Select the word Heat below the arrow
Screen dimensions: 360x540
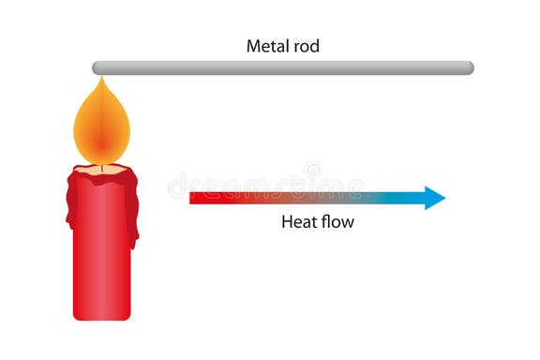click(x=298, y=223)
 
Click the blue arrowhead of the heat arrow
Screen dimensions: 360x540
click(x=434, y=198)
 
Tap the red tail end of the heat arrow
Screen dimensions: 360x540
click(x=195, y=198)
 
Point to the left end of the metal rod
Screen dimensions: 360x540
click(x=97, y=67)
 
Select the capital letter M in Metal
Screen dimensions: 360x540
click(x=253, y=45)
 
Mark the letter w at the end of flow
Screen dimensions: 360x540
click(x=349, y=223)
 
